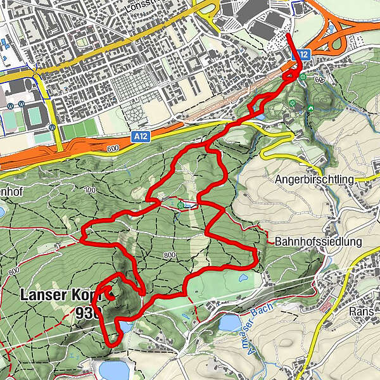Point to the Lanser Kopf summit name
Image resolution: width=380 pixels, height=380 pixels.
pos(60,295)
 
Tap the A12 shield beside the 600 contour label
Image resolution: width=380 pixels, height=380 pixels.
pos(141,136)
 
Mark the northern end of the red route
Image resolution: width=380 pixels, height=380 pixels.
pos(288,33)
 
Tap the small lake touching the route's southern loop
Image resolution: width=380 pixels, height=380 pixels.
pos(125,327)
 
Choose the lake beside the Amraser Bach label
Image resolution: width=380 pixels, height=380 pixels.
pos(229,323)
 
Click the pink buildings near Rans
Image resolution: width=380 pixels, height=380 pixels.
pos(327,308)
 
